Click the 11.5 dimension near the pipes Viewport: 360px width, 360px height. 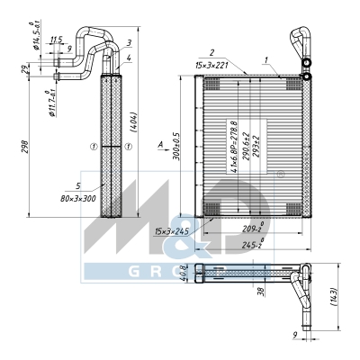(56, 40)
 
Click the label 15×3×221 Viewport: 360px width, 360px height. (211, 65)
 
